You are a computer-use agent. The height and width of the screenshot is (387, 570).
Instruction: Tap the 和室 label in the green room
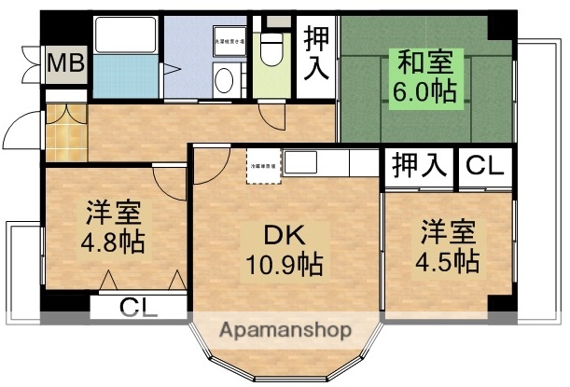tap(426, 64)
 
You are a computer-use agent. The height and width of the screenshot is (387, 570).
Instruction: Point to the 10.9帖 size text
tap(285, 265)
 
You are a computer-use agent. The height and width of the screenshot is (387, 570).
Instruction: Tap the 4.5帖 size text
tap(449, 257)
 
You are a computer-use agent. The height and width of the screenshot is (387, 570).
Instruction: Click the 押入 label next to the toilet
tap(317, 54)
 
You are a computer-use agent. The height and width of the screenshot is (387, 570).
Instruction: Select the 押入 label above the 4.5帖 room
tap(419, 167)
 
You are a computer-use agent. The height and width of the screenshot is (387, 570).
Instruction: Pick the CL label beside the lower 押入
tap(485, 167)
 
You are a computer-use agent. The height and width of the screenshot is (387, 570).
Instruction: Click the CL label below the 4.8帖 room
tap(141, 307)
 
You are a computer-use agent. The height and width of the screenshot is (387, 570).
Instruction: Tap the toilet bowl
tap(271, 50)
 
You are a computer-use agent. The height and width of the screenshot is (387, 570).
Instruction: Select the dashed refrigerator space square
tap(263, 166)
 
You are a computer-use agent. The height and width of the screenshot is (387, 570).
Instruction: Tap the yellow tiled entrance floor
tap(65, 139)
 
